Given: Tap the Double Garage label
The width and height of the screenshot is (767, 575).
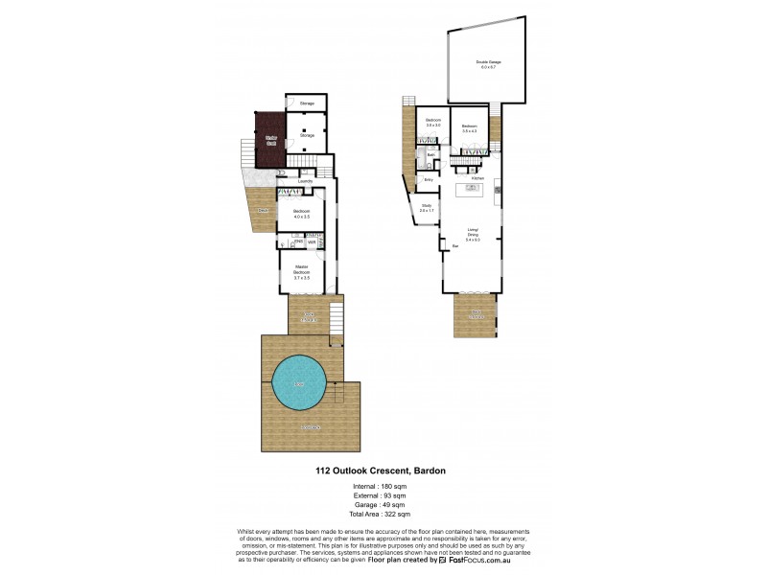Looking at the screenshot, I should click(x=487, y=64).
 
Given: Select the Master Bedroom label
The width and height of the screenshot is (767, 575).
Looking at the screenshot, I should click(x=301, y=272).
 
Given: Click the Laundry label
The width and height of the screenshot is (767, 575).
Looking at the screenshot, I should click(x=306, y=180).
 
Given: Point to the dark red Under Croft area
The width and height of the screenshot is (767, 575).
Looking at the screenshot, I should click(x=271, y=136).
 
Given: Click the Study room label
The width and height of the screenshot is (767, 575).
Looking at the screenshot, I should click(x=426, y=208).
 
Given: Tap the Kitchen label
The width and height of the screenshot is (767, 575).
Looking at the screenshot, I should click(x=476, y=178).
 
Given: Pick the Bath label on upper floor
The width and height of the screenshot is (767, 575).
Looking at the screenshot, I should click(x=431, y=154).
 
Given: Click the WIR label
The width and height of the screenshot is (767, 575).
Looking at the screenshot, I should click(x=312, y=243).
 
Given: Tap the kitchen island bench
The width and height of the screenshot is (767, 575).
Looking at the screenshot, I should click(x=473, y=190).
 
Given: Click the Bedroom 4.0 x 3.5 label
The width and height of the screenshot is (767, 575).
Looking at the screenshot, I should click(x=301, y=215).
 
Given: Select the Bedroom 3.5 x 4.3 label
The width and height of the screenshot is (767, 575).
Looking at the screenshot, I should click(x=470, y=128).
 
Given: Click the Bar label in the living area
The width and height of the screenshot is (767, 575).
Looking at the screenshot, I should click(x=454, y=246).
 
